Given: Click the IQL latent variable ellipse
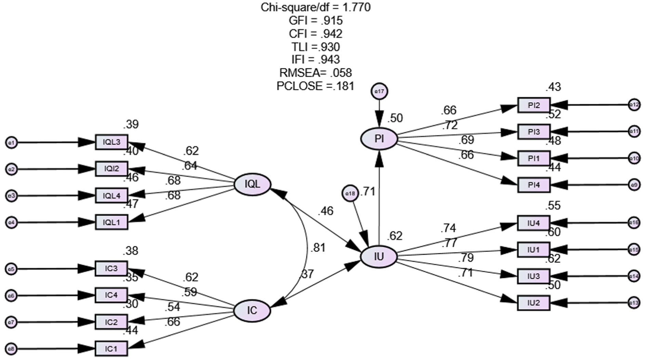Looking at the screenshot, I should coord(252,185).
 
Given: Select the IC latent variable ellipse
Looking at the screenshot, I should coord(252,311).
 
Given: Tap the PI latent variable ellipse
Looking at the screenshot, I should coord(379,139).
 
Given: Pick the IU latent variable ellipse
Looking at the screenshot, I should coord(379,256).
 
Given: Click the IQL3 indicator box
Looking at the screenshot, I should coord(111,142).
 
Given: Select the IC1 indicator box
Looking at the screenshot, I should coord(111,349).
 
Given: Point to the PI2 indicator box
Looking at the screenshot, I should coord(534,105).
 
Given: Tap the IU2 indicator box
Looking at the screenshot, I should coord(534,303).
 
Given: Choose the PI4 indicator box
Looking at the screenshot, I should coord(534,185).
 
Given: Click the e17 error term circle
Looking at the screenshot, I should coord(379,92).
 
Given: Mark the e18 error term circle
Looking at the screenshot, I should coord(350,194).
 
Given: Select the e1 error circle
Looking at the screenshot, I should coord(11,143).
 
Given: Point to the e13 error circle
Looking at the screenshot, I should coord(634,303).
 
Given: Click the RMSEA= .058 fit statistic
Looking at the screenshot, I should coord(315,73).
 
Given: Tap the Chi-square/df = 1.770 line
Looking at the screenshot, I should coord(315,8).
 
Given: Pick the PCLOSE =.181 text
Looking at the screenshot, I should coord(315,86).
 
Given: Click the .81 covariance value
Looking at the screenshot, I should coord(318,248).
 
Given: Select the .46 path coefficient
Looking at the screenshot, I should coord(326,211).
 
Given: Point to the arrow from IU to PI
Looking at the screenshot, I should coord(379,198).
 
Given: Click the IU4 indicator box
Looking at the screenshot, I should coord(534,223).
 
